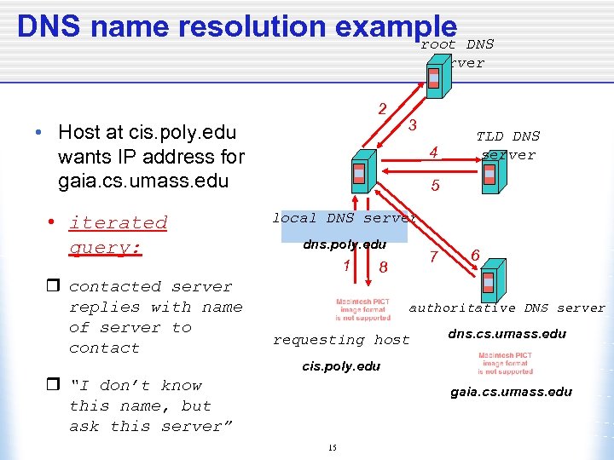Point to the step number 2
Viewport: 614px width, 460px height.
pyautogui.click(x=383, y=108)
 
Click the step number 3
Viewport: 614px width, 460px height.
pyautogui.click(x=412, y=125)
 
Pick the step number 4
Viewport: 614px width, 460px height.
pyautogui.click(x=434, y=153)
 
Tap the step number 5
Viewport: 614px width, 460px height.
pyautogui.click(x=435, y=184)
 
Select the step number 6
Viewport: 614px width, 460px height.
pyautogui.click(x=475, y=255)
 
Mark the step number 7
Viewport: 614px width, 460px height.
pyautogui.click(x=433, y=256)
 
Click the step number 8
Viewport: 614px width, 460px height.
pyautogui.click(x=384, y=267)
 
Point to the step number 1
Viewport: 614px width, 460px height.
pyautogui.click(x=346, y=265)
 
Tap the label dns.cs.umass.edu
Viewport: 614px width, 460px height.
pyautogui.click(x=507, y=333)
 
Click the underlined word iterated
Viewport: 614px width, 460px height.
pyautogui.click(x=118, y=222)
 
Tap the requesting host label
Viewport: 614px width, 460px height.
pyautogui.click(x=341, y=340)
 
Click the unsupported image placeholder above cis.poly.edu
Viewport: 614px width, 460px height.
pyautogui.click(x=363, y=308)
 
